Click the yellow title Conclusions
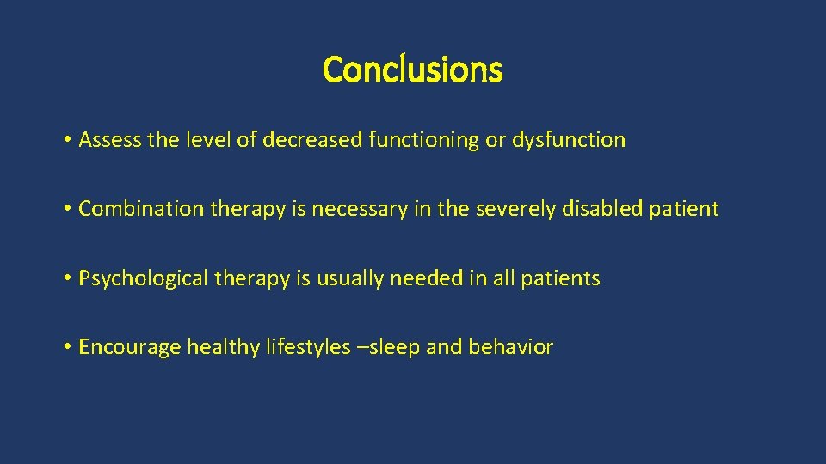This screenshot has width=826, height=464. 412,70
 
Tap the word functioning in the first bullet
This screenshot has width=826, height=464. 422,140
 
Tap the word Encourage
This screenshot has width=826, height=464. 130,347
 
